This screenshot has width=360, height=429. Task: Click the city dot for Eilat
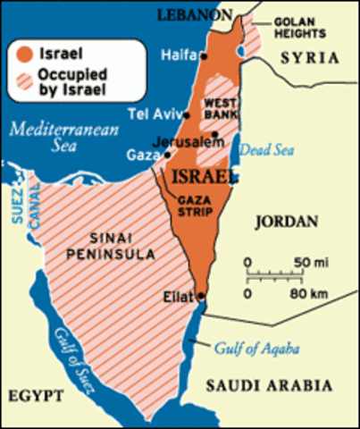(202, 297)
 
